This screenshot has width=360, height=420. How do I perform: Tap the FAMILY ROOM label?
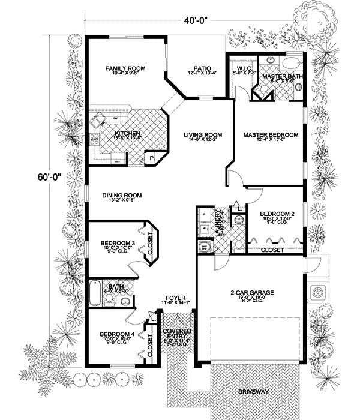[123, 69]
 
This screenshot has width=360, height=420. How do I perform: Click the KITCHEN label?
[127, 133]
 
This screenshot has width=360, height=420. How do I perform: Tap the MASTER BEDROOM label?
[271, 136]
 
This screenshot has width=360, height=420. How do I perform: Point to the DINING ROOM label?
[122, 195]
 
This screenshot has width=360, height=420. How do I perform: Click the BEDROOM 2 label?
[276, 214]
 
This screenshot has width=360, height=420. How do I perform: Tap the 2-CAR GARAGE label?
[252, 293]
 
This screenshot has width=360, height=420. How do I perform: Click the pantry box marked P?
[152, 158]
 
